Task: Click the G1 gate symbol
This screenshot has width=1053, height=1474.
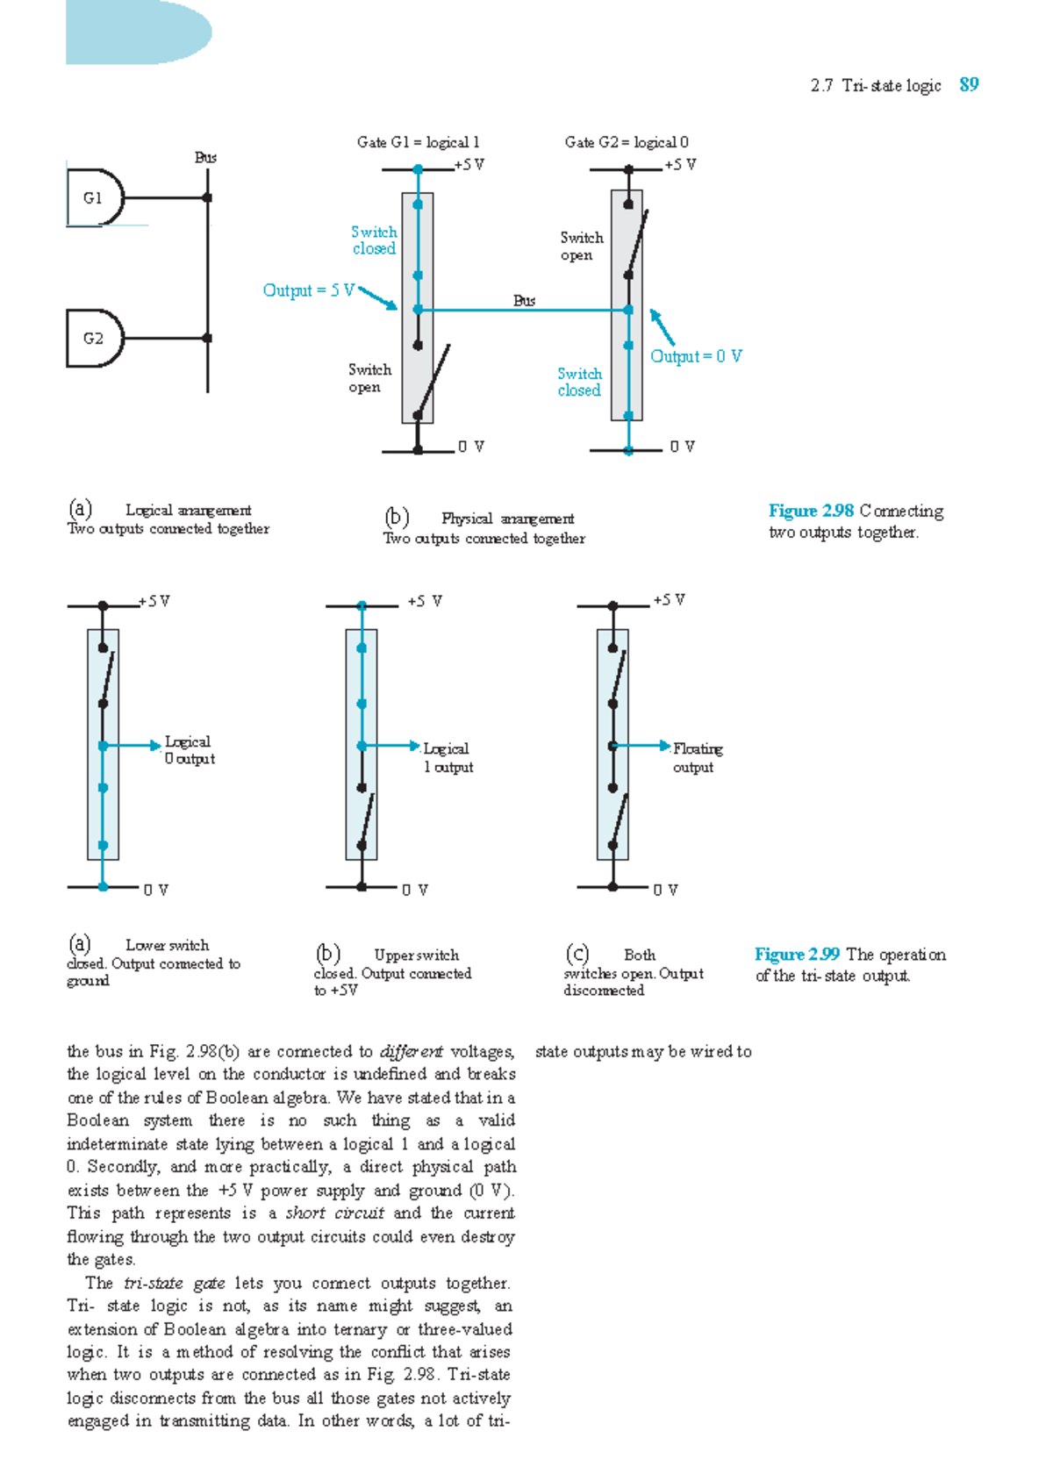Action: pos(95,198)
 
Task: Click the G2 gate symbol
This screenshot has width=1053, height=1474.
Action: pos(95,338)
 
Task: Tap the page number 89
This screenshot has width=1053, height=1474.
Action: pos(969,85)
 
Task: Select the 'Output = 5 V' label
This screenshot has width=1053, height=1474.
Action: pos(308,290)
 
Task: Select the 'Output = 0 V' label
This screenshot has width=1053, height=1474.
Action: pos(696,356)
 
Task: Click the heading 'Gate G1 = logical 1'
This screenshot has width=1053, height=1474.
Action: pos(418,142)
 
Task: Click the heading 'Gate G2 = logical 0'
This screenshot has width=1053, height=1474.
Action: pos(627,142)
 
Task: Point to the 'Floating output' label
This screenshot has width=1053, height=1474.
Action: pos(697,758)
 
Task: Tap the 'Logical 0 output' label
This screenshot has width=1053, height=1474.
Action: pos(190,750)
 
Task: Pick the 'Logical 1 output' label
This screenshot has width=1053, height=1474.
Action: pos(448,758)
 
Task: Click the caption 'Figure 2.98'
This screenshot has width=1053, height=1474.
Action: pos(811,511)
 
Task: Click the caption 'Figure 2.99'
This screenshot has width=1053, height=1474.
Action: pos(797,955)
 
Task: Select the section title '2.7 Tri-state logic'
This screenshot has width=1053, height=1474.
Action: pos(876,85)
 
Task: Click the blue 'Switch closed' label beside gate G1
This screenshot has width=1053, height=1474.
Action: pos(374,240)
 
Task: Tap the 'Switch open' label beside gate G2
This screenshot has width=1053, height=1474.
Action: pos(581,247)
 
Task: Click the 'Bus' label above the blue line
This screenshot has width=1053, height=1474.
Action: pos(524,300)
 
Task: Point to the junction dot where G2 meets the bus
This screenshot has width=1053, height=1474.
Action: pos(207,338)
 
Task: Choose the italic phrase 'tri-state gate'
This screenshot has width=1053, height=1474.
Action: pos(175,1283)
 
